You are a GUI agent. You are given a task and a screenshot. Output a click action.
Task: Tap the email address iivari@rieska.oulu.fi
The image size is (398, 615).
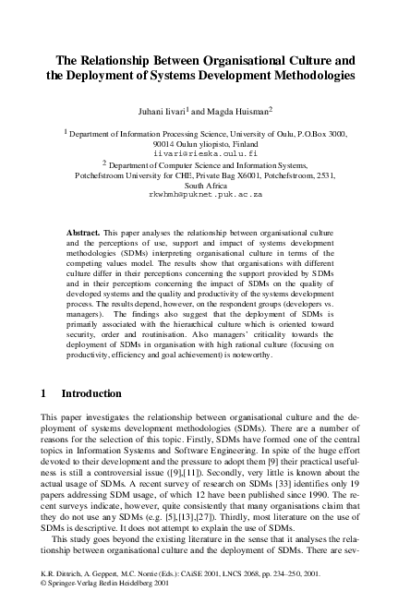click(x=199, y=151)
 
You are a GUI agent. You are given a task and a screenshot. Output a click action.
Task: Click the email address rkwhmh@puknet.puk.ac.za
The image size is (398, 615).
click(x=199, y=196)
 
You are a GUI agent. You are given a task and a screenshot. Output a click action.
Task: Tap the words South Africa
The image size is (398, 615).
click(x=199, y=185)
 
